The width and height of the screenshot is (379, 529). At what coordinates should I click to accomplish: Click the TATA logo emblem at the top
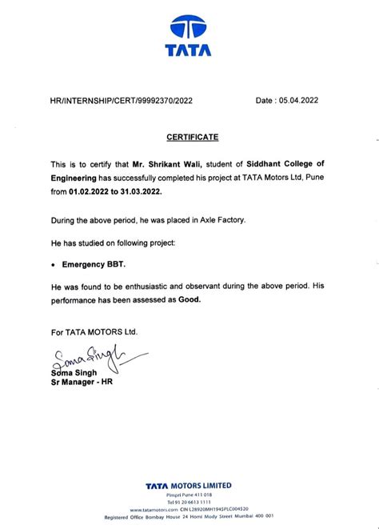189,29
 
